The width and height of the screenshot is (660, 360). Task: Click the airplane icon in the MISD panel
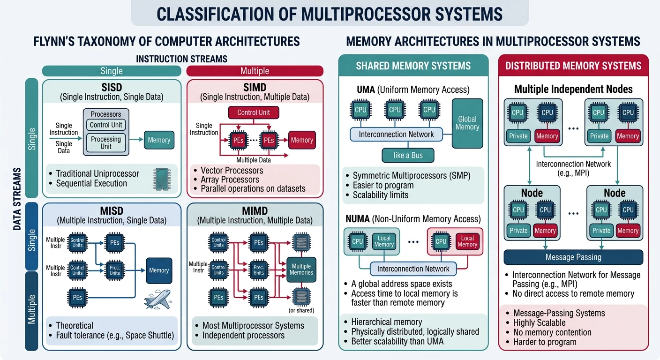point(157,299)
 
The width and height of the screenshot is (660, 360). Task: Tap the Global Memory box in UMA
point(467,123)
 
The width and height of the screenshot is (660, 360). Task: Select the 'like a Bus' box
point(407,155)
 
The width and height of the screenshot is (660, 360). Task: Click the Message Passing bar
point(573,257)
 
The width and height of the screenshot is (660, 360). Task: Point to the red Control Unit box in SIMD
point(254,112)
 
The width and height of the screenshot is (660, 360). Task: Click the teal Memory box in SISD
point(159,140)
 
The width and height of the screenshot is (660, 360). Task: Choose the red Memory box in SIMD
point(302,140)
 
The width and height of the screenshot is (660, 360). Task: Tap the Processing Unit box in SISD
point(106,142)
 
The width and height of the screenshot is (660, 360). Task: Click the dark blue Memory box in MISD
point(159,270)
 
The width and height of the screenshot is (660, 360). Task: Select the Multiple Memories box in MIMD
point(301,269)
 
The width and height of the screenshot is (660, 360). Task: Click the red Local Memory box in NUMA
point(467,241)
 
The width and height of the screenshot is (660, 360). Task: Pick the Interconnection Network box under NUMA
point(413,269)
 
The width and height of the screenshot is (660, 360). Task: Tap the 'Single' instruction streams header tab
point(112,71)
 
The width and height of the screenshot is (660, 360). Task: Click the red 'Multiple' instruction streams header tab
point(255,71)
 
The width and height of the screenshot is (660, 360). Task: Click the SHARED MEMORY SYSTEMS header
point(413,66)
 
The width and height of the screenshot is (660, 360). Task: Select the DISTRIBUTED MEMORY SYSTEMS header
point(573,66)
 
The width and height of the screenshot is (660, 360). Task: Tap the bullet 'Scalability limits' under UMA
point(380,195)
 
